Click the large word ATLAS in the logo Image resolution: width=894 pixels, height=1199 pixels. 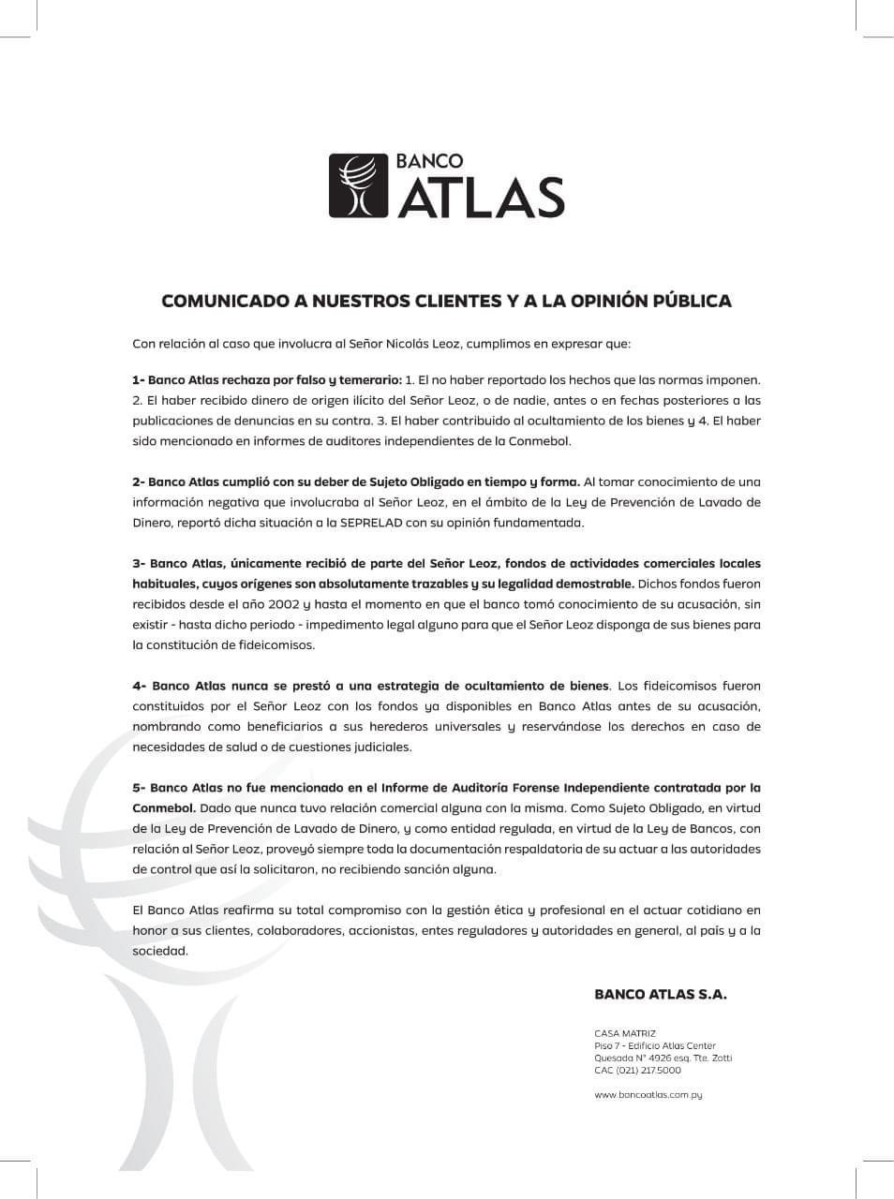[483, 198]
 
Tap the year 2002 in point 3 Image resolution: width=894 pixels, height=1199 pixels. [276, 604]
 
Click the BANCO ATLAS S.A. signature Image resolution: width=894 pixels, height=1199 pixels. [660, 995]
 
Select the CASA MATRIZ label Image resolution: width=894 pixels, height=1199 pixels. [625, 1033]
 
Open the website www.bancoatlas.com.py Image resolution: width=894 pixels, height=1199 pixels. [648, 1094]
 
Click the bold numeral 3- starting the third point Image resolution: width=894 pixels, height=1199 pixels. [139, 564]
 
